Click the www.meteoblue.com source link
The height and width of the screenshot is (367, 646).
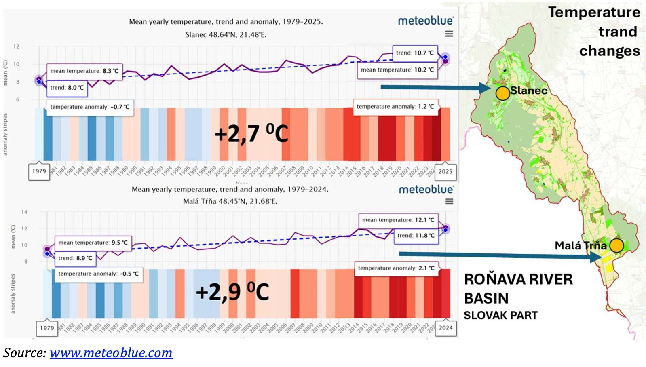click(x=111, y=353)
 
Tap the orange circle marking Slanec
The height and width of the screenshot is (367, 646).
click(x=502, y=93)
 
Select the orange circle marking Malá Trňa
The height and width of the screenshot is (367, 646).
click(x=616, y=245)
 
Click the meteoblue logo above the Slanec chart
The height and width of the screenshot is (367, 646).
click(x=426, y=21)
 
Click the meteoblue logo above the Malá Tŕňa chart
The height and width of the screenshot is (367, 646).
click(x=426, y=189)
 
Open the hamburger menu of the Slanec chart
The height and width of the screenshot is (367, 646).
click(x=449, y=34)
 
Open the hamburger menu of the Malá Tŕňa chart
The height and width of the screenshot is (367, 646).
click(x=449, y=201)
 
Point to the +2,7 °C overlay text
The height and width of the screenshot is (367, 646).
click(x=251, y=133)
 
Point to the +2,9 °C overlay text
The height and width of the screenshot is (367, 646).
click(x=232, y=291)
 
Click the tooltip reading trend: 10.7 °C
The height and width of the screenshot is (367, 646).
click(x=415, y=53)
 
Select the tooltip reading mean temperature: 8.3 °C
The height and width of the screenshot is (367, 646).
click(x=84, y=71)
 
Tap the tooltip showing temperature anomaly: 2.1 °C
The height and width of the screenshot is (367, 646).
click(x=396, y=268)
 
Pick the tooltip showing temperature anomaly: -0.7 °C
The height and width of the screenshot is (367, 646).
click(x=90, y=107)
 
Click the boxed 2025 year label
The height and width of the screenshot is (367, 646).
click(x=445, y=171)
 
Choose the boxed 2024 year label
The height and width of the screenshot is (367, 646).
click(x=445, y=328)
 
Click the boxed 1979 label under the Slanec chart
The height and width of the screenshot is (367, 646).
click(x=39, y=171)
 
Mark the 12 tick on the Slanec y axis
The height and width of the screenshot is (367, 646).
click(x=16, y=46)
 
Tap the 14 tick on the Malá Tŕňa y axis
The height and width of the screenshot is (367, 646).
click(x=24, y=212)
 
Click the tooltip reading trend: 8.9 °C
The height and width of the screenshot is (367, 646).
click(x=75, y=258)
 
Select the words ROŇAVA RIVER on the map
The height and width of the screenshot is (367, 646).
click(x=518, y=279)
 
